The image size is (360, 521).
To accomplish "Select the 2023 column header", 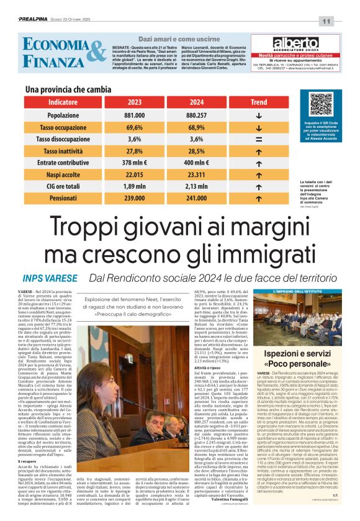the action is click(134, 102).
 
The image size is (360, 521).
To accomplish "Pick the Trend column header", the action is click(259, 102).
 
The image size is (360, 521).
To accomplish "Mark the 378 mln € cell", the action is click(134, 163).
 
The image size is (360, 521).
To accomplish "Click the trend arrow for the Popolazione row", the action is click(259, 116).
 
